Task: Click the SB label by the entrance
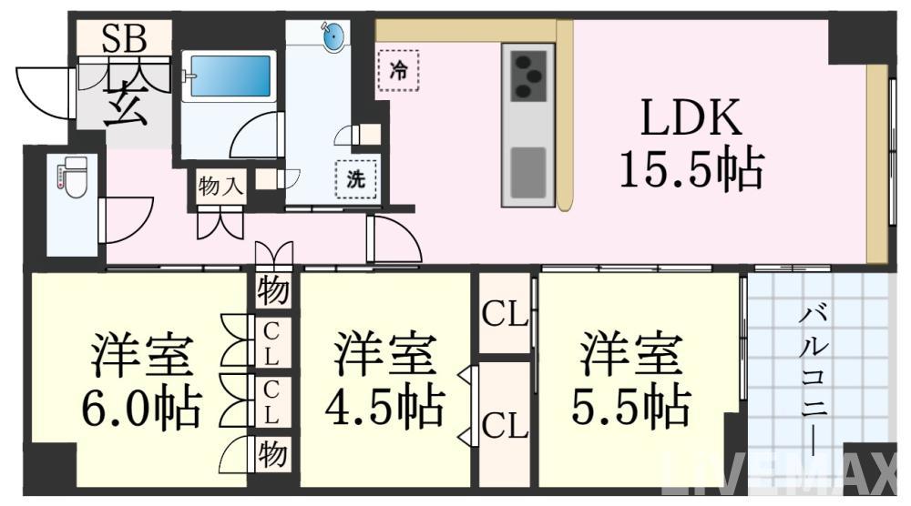[x=124, y=38]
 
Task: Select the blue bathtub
[x=230, y=76]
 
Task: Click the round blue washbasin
[x=333, y=38]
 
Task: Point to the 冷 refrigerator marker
[x=398, y=71]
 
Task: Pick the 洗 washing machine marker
[x=355, y=179]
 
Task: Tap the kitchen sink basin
[x=528, y=172]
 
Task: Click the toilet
[x=73, y=177]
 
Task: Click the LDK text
[x=691, y=117]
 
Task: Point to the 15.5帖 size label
[x=691, y=169]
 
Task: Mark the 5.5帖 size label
[x=631, y=406]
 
